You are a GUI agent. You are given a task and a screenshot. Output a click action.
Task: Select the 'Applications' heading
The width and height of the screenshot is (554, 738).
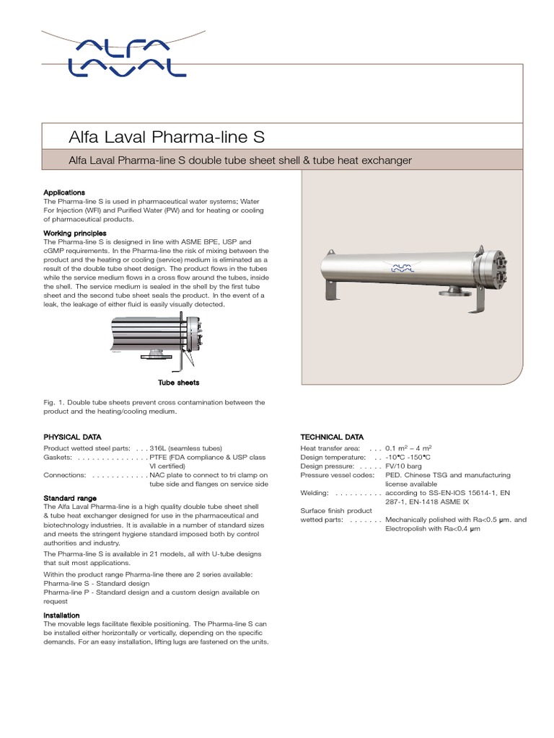64,193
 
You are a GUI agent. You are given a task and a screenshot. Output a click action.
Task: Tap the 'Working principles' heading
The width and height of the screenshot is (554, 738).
75,234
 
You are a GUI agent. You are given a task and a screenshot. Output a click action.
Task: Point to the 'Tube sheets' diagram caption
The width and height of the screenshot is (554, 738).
179,382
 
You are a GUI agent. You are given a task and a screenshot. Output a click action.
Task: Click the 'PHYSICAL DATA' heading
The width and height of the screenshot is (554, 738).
72,437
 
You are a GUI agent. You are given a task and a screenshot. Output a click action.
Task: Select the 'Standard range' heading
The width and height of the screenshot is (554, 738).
71,498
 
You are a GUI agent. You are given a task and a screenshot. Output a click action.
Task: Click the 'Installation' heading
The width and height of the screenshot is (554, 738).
62,615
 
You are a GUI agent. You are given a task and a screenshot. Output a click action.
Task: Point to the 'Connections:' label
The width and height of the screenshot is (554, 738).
65,475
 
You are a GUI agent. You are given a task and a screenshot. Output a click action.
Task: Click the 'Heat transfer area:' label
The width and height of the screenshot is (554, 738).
330,448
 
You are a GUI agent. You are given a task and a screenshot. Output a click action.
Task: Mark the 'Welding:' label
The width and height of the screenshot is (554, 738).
315,493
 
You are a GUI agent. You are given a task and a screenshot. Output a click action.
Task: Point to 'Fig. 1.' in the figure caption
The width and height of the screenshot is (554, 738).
54,402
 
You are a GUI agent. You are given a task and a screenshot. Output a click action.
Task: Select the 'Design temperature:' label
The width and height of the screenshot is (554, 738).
333,457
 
